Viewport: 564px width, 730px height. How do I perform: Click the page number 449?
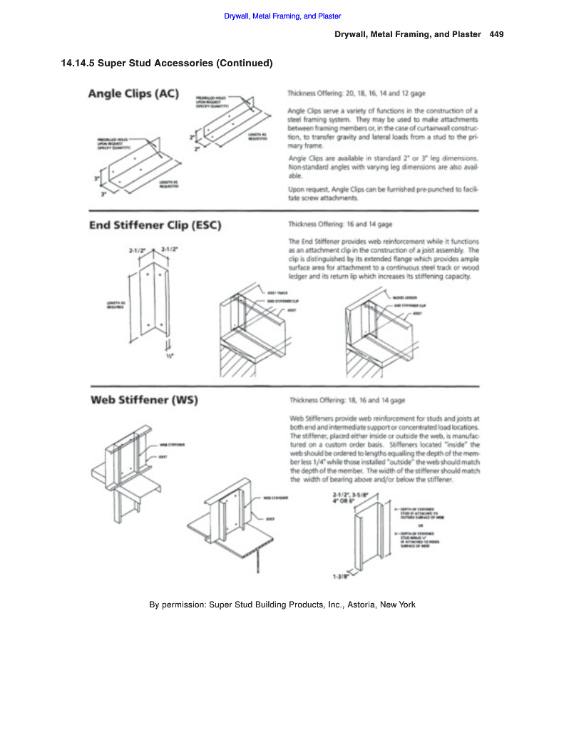click(x=497, y=35)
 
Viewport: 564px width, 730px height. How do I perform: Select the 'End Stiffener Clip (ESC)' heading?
click(x=155, y=226)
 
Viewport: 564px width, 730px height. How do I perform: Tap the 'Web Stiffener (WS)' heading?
click(x=144, y=399)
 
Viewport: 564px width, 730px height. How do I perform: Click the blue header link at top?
click(x=282, y=16)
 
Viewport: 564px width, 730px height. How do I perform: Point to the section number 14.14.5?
click(x=78, y=63)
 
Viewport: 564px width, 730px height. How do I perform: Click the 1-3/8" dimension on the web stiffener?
click(x=340, y=577)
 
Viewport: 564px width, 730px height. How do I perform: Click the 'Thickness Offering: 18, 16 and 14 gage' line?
click(x=347, y=401)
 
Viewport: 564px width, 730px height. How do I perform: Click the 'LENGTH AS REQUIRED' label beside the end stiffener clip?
click(x=116, y=304)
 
